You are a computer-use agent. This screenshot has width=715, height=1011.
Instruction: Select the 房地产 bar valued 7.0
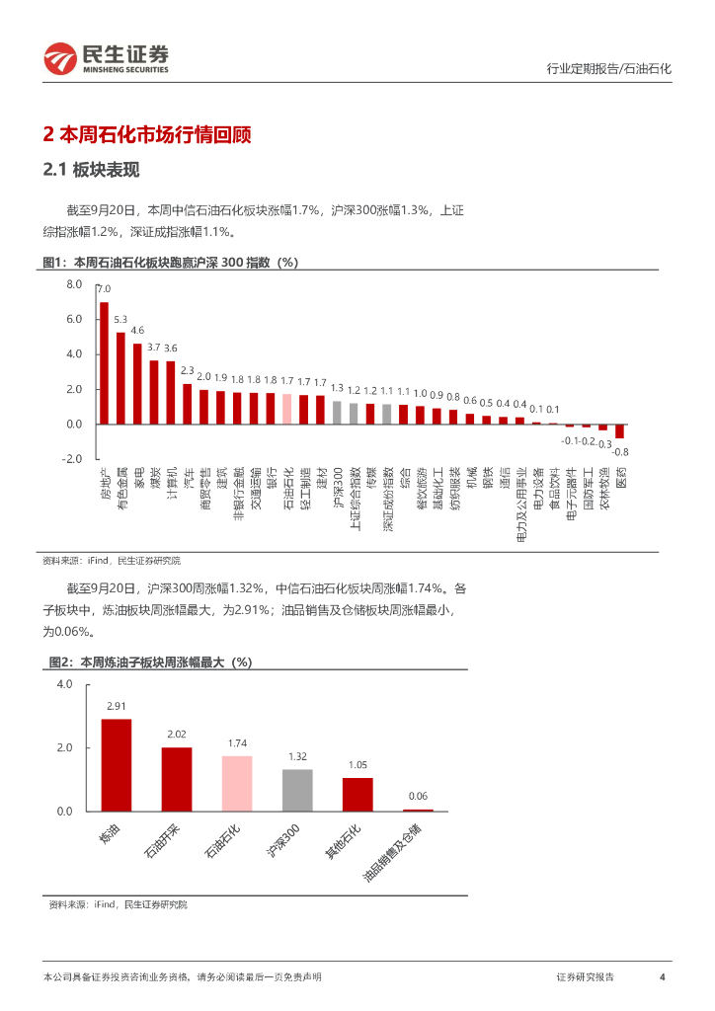104,362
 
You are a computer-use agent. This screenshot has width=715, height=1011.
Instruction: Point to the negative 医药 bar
620,430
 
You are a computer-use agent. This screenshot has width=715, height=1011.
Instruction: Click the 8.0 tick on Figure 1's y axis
74,284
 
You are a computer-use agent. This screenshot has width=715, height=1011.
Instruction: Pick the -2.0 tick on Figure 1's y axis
72,459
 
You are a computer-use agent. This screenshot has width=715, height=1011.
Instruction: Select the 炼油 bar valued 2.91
117,764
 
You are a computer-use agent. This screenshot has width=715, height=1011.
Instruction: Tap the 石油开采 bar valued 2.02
177,779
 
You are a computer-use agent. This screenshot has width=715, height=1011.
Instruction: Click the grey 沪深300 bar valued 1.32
297,790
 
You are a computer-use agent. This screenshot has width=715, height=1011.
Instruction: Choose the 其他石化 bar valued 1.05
357,794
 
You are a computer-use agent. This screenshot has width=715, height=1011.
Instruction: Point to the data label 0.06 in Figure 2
418,796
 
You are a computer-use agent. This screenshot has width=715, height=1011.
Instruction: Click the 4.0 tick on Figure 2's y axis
64,684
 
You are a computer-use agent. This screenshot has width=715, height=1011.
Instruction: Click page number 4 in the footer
662,976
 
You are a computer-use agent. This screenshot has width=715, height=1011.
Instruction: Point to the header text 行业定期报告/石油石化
608,69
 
